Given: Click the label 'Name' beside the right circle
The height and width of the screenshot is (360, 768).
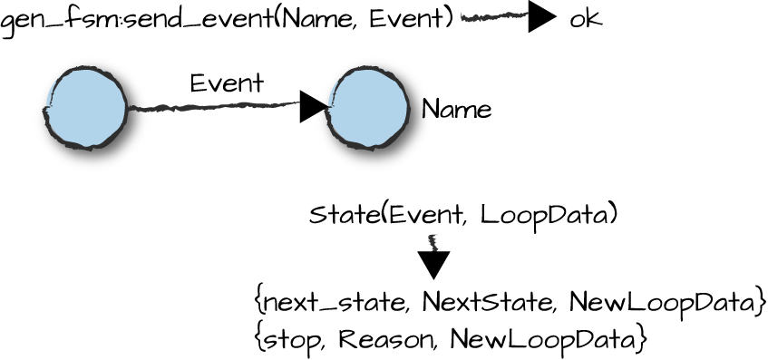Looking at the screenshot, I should pyautogui.click(x=456, y=111).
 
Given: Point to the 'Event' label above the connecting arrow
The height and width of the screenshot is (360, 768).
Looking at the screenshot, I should pyautogui.click(x=227, y=83).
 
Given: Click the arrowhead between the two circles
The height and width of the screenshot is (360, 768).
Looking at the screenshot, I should pyautogui.click(x=314, y=106).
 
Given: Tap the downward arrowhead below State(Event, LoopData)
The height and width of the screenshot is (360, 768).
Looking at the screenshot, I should pyautogui.click(x=434, y=264).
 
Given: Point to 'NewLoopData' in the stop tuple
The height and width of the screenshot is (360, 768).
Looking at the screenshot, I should pyautogui.click(x=544, y=339).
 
